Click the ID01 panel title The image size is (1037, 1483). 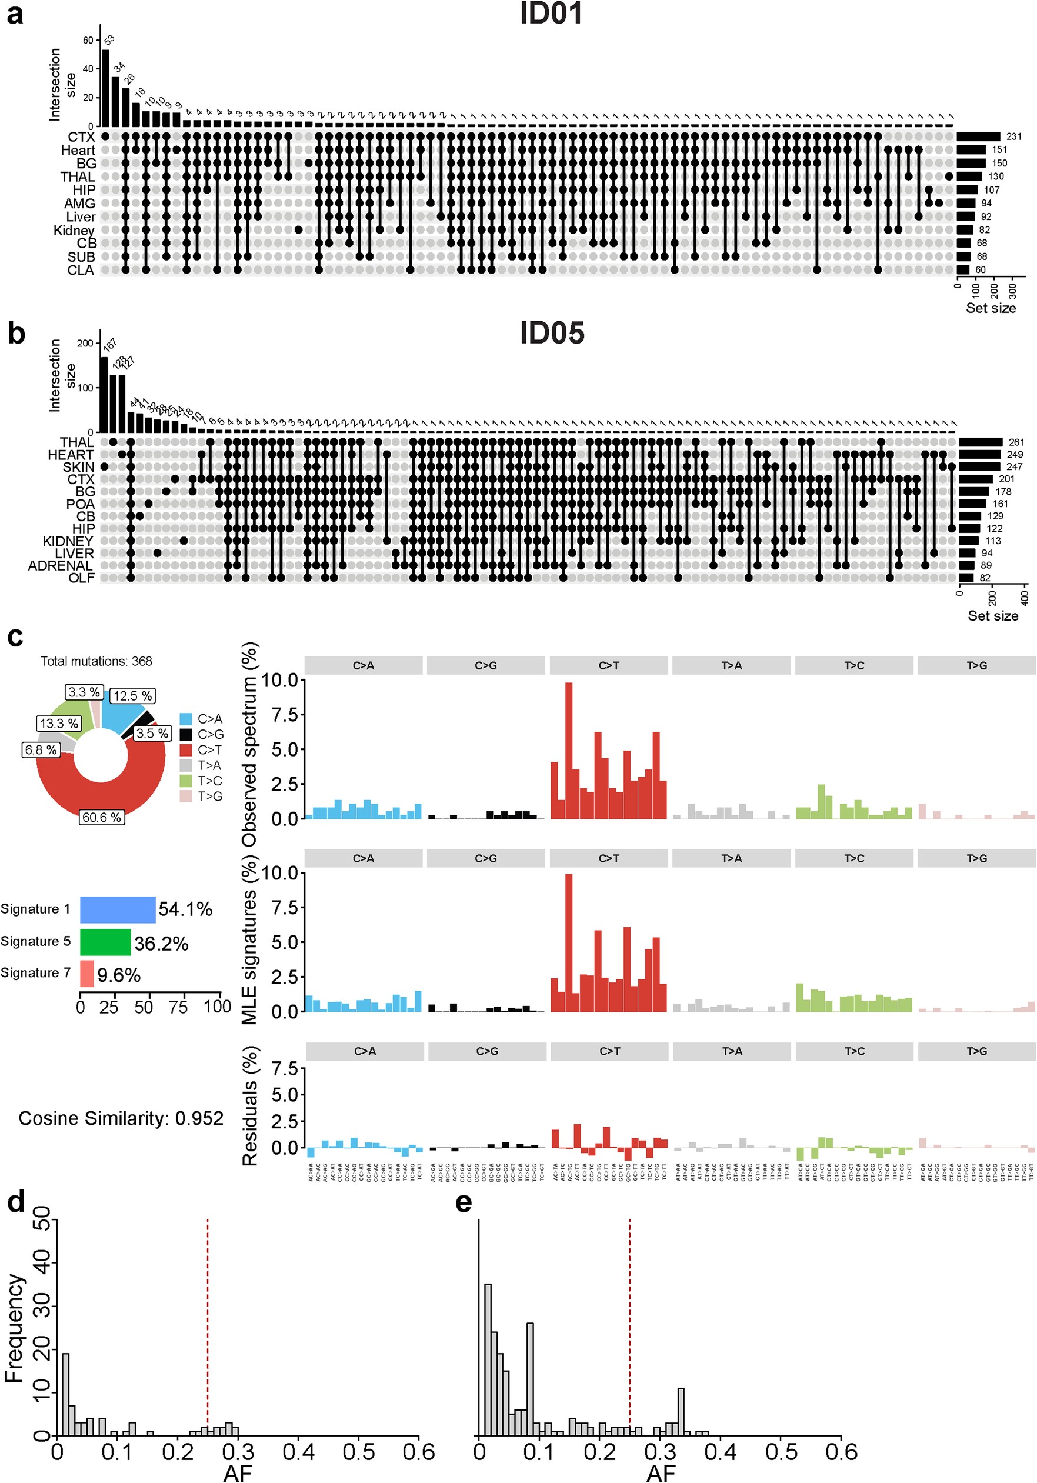[x=551, y=14]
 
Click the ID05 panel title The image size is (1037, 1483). [x=551, y=334]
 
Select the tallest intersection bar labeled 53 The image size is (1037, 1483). [x=105, y=87]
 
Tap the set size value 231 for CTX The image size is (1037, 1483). [x=1013, y=136]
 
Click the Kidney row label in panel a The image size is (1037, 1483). [x=74, y=230]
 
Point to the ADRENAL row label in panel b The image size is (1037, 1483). [x=60, y=566]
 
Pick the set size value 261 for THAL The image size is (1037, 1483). [x=1016, y=442]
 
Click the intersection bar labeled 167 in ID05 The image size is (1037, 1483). [x=104, y=394]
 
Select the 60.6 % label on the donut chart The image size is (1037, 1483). [x=101, y=817]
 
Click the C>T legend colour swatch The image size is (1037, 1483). [x=186, y=750]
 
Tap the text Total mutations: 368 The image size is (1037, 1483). [x=96, y=661]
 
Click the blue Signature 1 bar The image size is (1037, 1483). [x=118, y=909]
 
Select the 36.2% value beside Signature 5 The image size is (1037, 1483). [x=161, y=944]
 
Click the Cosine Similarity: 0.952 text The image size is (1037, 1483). [x=121, y=1118]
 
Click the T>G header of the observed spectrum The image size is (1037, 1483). [x=976, y=665]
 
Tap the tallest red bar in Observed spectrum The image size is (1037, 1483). [x=569, y=749]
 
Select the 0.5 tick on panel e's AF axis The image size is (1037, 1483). [x=781, y=1452]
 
